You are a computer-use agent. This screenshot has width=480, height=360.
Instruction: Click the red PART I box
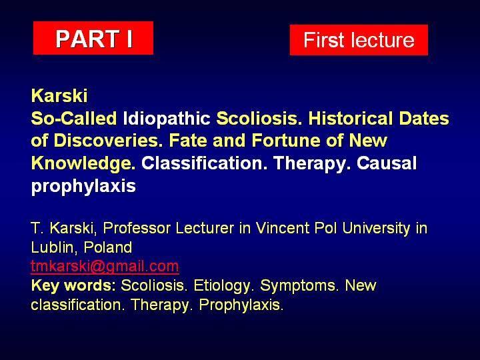click(93, 38)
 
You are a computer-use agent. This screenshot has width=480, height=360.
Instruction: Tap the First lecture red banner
click(359, 40)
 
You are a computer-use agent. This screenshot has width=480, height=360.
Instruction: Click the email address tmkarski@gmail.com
click(105, 266)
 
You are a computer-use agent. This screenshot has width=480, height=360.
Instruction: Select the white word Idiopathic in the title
click(167, 118)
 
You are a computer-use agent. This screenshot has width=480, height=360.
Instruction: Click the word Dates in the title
click(424, 118)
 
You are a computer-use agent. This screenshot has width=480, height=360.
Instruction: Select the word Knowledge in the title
click(83, 164)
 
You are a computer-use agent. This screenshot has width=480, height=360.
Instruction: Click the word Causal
click(386, 163)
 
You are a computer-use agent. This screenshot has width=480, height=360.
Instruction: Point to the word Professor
click(137, 228)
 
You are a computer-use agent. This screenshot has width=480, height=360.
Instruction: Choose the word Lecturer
click(205, 228)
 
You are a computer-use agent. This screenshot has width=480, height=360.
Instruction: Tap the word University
click(376, 229)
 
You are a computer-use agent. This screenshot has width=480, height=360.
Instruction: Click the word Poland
click(108, 247)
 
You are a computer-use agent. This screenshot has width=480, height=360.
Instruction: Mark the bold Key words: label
click(73, 285)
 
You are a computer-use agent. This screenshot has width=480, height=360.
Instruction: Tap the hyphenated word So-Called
click(74, 118)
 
